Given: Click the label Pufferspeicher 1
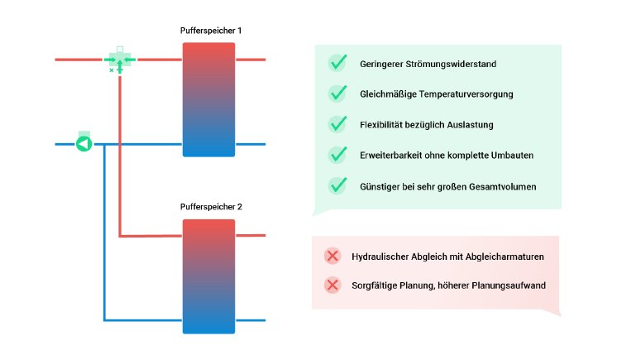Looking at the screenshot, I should click(x=211, y=31).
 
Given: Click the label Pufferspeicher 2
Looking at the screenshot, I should click(x=211, y=207).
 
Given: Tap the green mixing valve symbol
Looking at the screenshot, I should click(x=120, y=61).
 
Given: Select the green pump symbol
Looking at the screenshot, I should click(x=83, y=144).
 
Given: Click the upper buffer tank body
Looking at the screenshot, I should click(x=208, y=99).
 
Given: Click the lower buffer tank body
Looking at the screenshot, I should click(x=208, y=276).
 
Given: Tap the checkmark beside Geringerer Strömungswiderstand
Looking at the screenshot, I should click(x=337, y=63).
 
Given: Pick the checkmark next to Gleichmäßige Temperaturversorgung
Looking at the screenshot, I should click(x=337, y=94).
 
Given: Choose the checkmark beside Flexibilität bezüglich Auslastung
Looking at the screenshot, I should click(x=337, y=124).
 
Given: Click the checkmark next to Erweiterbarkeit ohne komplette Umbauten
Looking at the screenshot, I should click(x=337, y=155).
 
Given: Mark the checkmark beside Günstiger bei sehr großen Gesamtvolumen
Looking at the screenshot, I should click(x=337, y=185).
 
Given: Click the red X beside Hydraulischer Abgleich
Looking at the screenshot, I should click(x=332, y=257).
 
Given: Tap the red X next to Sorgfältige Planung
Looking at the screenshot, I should click(x=332, y=286).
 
